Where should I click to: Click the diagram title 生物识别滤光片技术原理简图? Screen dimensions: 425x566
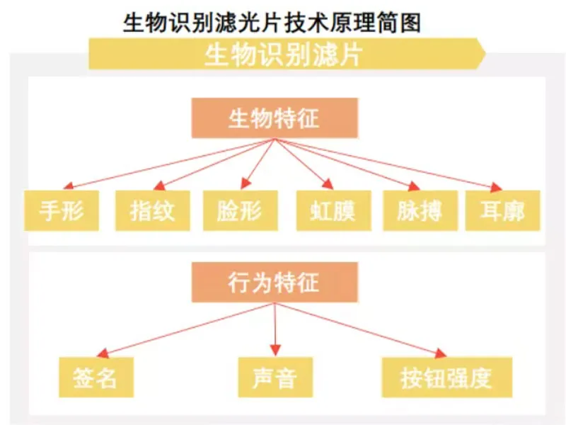pos(272,22)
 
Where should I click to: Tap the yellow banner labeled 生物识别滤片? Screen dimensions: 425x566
pos(283,55)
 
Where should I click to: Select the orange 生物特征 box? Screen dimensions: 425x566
pos(275,118)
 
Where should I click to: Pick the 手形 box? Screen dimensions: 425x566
pos(61,210)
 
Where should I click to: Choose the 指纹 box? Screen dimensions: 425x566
pos(152,210)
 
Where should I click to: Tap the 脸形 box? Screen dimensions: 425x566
pos(239,210)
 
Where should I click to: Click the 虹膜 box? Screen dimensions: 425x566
pos(333,210)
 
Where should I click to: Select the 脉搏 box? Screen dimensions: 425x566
pos(420,210)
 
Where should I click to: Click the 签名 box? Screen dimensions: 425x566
pos(97,377)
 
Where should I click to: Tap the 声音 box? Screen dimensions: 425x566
pos(275,377)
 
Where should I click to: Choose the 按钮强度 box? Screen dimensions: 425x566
pos(446,377)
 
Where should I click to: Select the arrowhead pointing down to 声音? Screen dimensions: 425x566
pos(275,351)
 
